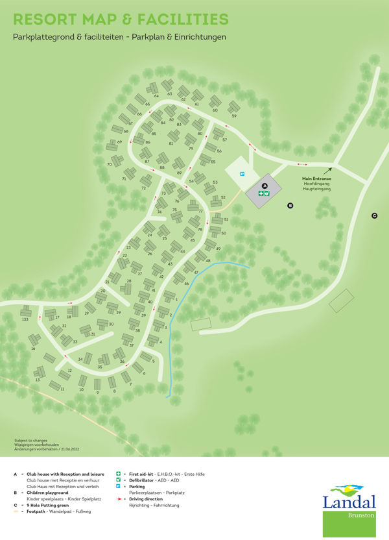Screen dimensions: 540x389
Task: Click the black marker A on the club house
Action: pyautogui.click(x=265, y=186)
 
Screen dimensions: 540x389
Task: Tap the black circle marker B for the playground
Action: pyautogui.click(x=290, y=205)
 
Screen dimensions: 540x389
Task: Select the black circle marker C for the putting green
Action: pyautogui.click(x=374, y=215)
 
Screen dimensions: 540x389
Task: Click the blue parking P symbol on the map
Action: pyautogui.click(x=242, y=174)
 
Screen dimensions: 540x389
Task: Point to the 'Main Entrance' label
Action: pyautogui.click(x=316, y=178)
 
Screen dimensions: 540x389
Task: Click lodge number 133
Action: pyautogui.click(x=25, y=320)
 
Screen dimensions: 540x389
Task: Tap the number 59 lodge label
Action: pyautogui.click(x=234, y=116)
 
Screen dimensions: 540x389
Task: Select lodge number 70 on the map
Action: pyautogui.click(x=110, y=164)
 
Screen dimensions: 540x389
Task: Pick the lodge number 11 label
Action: pyautogui.click(x=62, y=388)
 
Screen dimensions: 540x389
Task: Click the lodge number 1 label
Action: pyautogui.click(x=176, y=299)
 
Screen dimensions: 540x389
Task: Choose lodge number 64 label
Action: pyautogui.click(x=156, y=95)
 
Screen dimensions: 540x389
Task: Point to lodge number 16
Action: pyautogui.click(x=33, y=349)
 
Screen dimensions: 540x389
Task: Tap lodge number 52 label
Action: pyautogui.click(x=222, y=197)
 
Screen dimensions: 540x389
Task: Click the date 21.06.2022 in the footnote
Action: pyautogui.click(x=70, y=448)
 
